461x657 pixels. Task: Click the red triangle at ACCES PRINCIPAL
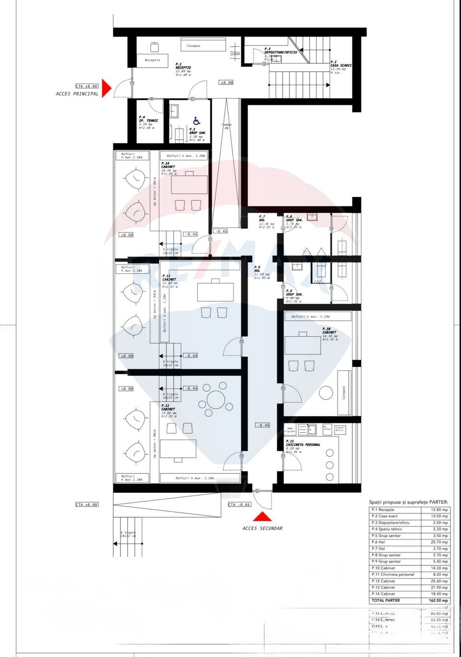pyautogui.click(x=106, y=88)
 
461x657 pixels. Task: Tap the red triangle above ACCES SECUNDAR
pyautogui.click(x=262, y=517)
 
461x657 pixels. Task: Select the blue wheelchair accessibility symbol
pyautogui.click(x=196, y=121)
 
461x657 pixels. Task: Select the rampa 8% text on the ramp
pyautogui.click(x=227, y=126)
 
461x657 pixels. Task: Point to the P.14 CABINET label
pyautogui.click(x=168, y=165)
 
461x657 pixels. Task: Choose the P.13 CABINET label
pyautogui.click(x=169, y=278)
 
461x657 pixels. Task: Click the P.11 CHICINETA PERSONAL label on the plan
pyautogui.click(x=303, y=443)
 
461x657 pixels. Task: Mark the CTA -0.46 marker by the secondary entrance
pyautogui.click(x=239, y=505)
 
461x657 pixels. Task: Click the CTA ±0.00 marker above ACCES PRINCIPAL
pyautogui.click(x=86, y=86)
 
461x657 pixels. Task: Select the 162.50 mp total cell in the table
pyautogui.click(x=438, y=600)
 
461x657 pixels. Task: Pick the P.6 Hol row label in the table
pyautogui.click(x=378, y=542)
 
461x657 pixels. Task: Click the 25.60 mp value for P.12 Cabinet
pyautogui.click(x=439, y=581)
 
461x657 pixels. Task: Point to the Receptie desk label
pyautogui.click(x=152, y=60)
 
